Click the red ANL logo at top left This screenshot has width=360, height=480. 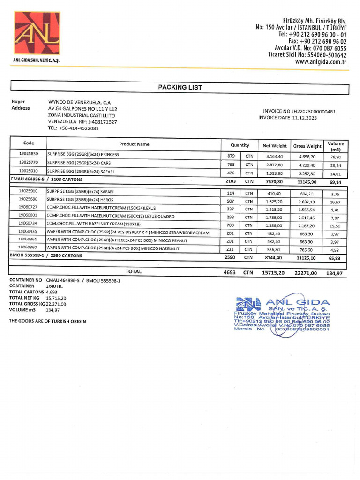[37, 33]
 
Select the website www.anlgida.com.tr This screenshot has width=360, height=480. [321, 61]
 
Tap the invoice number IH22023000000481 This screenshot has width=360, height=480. [314, 112]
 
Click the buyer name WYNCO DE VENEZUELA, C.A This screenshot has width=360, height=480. [79, 102]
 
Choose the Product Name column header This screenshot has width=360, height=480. [134, 144]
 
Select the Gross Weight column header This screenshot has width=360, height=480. [307, 146]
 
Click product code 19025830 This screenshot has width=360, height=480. [29, 154]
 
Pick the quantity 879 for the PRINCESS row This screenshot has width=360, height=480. [231, 156]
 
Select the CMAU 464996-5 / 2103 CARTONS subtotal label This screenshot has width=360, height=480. [46, 179]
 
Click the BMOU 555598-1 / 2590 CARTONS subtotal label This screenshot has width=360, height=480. [46, 256]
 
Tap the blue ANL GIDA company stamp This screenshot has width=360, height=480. [283, 315]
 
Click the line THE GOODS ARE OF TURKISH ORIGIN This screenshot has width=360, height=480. [48, 321]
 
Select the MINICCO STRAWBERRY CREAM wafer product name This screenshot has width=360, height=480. [128, 232]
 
